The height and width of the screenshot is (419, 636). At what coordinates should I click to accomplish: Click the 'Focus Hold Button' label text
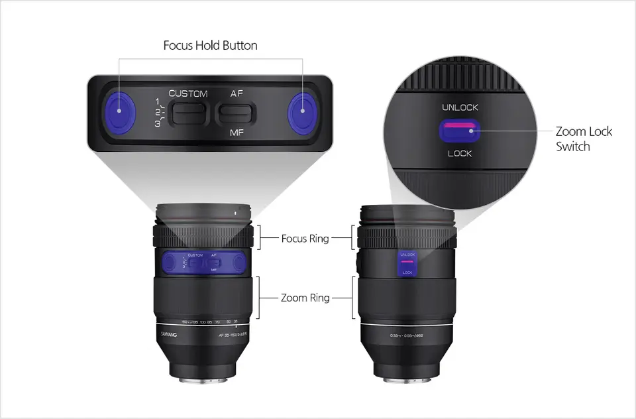210,46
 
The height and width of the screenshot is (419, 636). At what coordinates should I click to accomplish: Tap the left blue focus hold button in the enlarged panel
119,111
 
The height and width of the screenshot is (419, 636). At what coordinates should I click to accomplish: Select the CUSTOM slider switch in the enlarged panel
188,113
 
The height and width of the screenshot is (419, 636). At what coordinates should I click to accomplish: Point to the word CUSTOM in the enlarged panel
188,93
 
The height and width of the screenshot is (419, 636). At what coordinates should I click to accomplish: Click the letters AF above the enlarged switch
237,93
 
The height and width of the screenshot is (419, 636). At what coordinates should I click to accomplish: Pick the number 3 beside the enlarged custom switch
158,123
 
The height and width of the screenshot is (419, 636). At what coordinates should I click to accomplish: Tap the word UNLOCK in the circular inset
460,107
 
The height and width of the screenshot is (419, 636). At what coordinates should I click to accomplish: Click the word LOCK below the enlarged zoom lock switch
460,153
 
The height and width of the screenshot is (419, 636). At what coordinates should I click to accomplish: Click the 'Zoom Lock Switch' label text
584,139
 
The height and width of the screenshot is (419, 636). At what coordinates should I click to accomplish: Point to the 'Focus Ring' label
305,238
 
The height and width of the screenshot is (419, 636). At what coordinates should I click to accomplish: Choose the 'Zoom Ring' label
305,298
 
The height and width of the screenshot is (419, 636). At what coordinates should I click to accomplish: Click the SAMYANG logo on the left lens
170,335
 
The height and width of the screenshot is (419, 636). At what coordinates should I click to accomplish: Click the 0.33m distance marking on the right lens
406,335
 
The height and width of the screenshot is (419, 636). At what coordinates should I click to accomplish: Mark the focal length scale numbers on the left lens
205,322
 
